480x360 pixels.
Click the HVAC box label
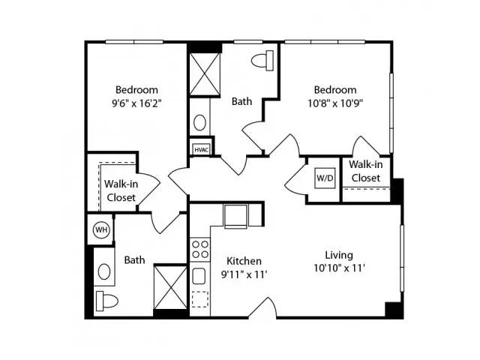[x=202, y=150]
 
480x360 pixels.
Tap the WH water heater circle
[x=101, y=229]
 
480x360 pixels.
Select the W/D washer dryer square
[x=325, y=178]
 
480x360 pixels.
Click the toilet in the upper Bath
[x=262, y=61]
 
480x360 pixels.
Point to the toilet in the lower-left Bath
[x=107, y=301]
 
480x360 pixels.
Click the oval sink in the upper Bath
[x=200, y=122]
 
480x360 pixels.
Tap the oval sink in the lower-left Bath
[x=104, y=271]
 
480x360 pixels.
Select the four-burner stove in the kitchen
[x=200, y=250]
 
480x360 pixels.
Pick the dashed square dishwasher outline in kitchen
[x=200, y=299]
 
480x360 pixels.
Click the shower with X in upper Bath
[x=205, y=74]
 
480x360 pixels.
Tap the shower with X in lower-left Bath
[x=170, y=287]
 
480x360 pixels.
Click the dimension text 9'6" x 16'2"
[x=136, y=103]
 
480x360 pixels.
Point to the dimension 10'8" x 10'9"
[x=335, y=103]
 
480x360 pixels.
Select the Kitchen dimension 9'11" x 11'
[x=244, y=274]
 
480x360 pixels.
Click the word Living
[x=339, y=255]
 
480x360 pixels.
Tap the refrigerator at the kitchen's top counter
[x=235, y=217]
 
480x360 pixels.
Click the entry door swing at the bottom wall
[x=262, y=307]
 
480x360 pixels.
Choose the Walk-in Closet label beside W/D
[x=366, y=171]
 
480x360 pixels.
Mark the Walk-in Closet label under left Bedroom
[x=121, y=190]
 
